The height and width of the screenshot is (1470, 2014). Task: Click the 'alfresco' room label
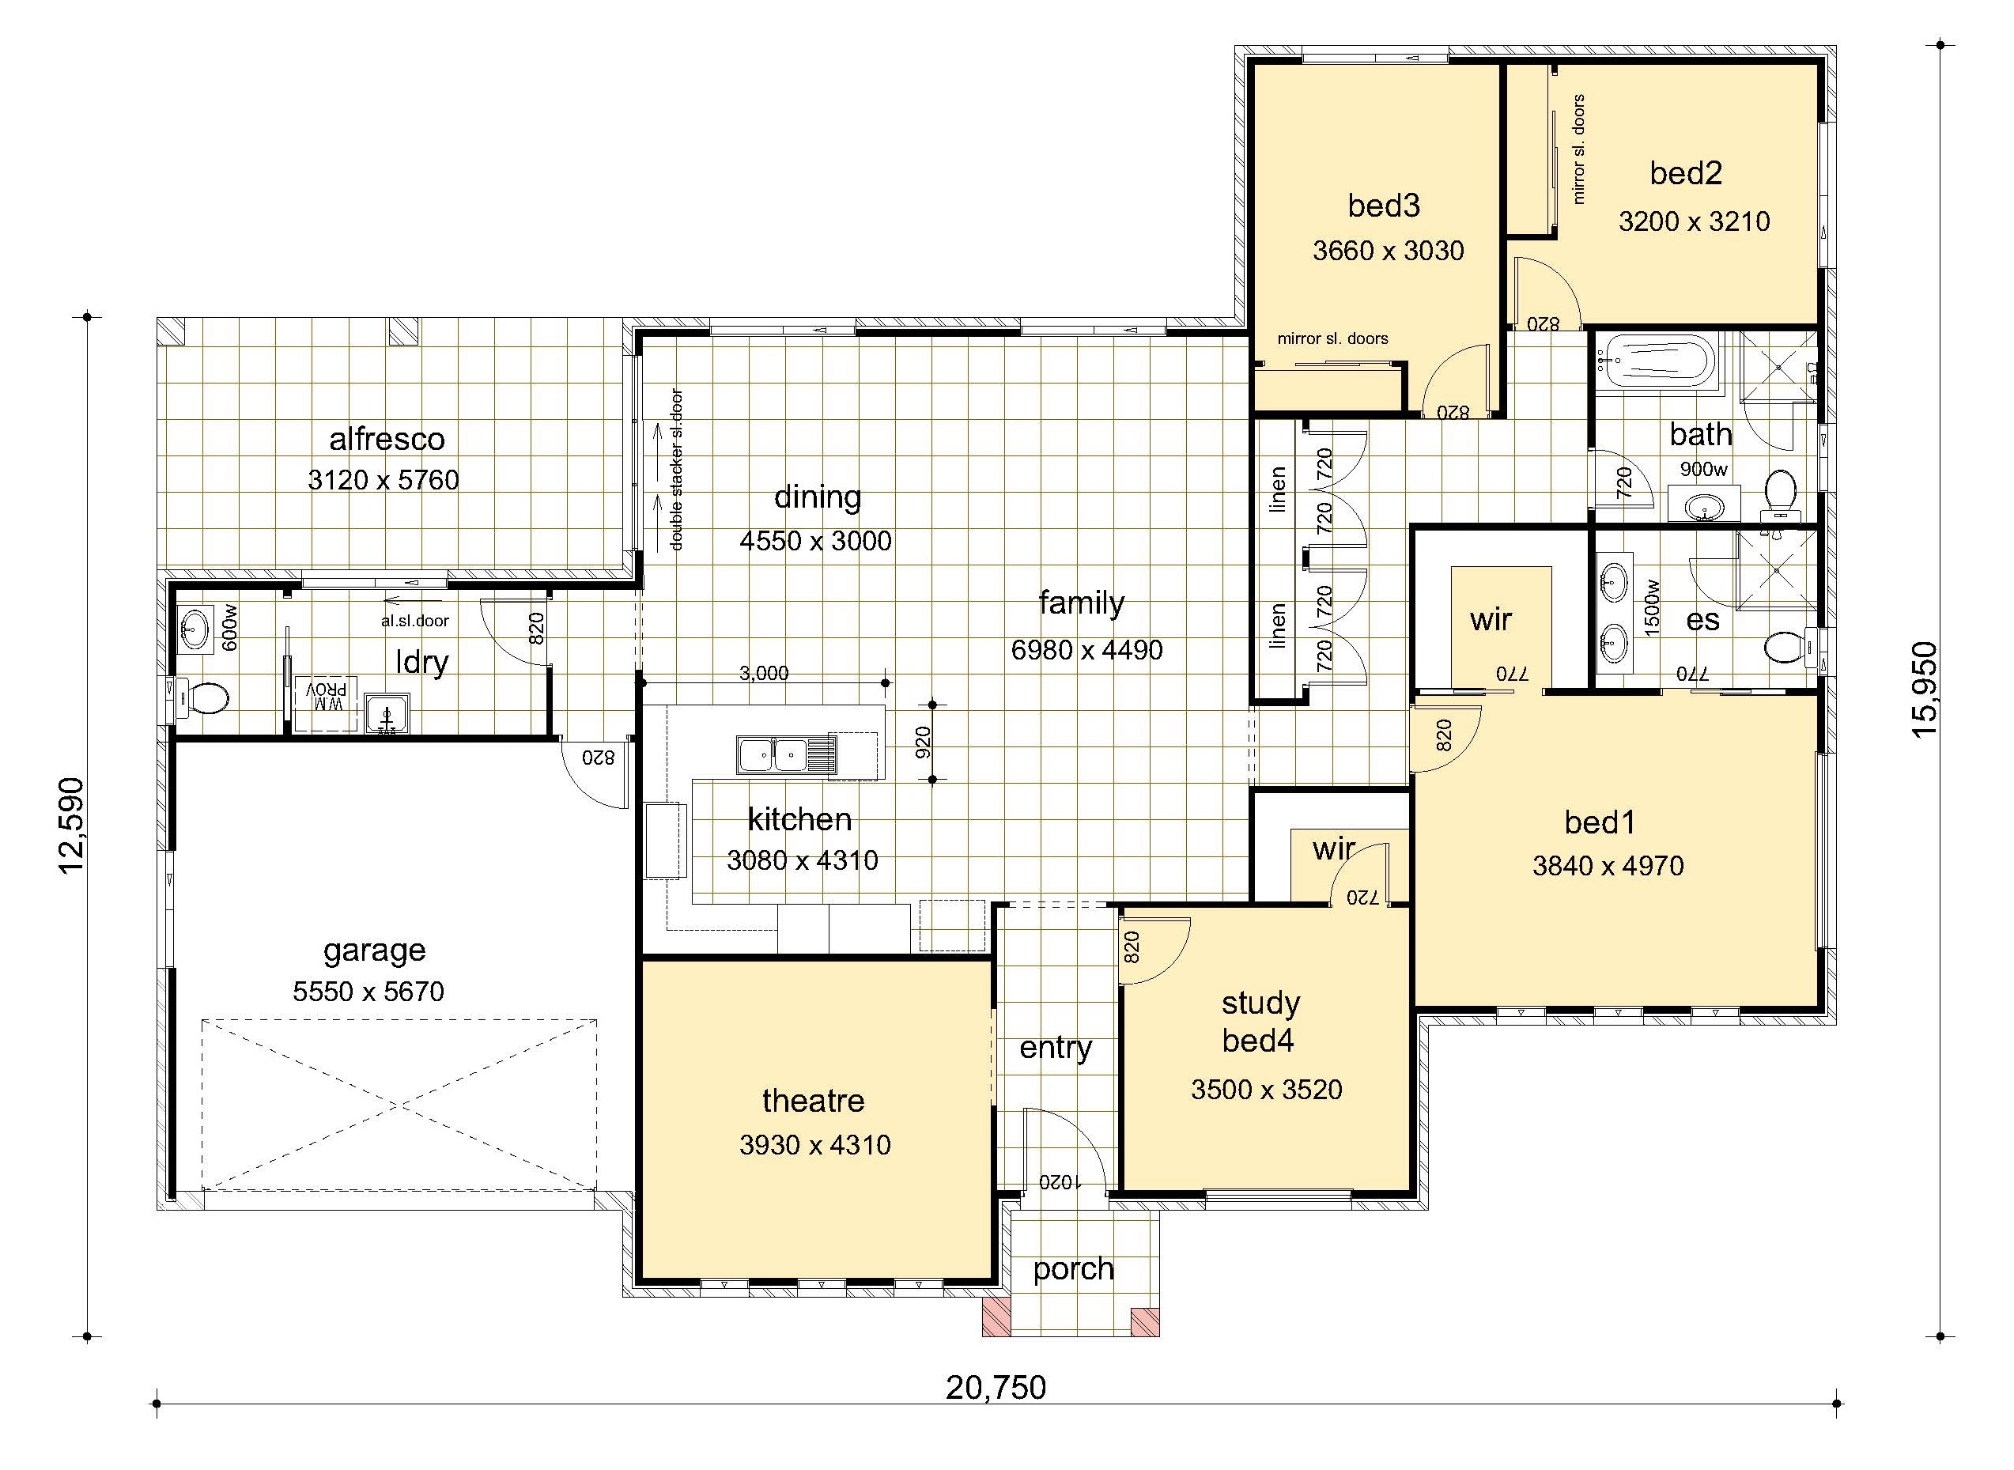387,439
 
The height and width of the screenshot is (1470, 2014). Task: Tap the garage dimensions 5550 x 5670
368,992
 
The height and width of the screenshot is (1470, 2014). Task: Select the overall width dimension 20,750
996,1387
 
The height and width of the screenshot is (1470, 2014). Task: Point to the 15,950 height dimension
1924,690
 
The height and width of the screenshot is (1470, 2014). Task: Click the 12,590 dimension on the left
71,826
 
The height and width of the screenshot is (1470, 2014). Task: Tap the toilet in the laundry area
202,698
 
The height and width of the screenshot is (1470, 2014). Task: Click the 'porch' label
1073,1269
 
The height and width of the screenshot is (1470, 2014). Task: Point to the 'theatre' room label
813,1101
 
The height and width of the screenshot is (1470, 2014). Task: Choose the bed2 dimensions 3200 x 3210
1694,221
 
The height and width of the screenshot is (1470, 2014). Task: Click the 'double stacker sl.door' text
676,469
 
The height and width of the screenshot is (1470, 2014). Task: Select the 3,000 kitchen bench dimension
764,674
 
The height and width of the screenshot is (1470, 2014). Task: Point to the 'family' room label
1081,604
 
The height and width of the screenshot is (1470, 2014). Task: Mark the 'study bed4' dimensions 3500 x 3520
1266,1090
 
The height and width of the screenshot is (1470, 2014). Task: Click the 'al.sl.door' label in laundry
414,621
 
